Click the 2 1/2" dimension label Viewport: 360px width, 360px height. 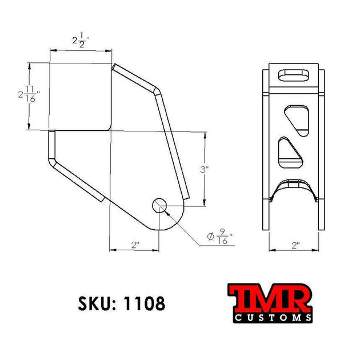(x=81, y=41)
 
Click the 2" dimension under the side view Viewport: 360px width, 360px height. (x=135, y=245)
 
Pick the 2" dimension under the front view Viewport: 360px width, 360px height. (x=295, y=245)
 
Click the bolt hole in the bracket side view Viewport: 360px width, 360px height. (x=159, y=205)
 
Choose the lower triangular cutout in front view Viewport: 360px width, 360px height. (x=290, y=150)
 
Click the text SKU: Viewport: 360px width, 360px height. (x=95, y=303)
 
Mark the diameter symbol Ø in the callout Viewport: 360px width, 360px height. (x=210, y=236)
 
